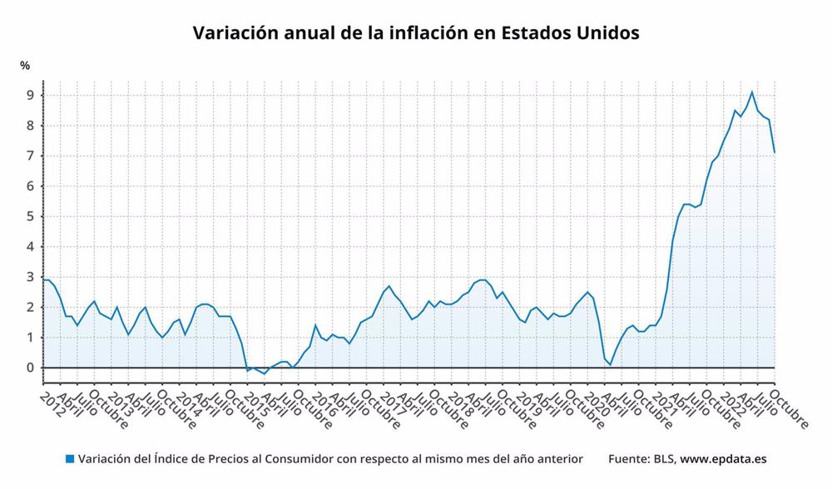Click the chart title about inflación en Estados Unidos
(416, 33)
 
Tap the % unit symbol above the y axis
(25, 66)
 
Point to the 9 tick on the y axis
(29, 96)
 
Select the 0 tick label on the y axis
(29, 368)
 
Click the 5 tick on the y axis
(29, 216)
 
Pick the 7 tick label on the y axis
(29, 156)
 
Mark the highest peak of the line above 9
(752, 91)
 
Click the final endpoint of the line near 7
(775, 152)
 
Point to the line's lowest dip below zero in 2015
(265, 373)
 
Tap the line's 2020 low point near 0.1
(610, 364)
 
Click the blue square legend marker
(70, 458)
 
